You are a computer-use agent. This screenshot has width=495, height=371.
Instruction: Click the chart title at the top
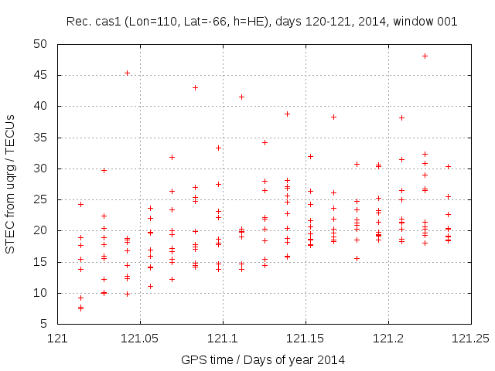(x=261, y=21)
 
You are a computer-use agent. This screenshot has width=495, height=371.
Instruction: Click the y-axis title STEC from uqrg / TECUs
(x=11, y=184)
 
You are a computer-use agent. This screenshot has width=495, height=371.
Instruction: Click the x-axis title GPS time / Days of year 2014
(x=264, y=359)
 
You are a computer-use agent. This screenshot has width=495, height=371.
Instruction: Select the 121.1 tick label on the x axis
(x=223, y=339)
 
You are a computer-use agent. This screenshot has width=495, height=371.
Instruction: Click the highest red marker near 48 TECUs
(x=425, y=56)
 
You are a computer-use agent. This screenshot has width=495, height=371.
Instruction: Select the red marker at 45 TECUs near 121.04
(x=127, y=73)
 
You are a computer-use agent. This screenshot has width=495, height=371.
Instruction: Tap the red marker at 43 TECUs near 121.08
(x=195, y=87)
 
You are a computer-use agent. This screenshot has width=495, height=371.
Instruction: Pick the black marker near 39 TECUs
(x=287, y=114)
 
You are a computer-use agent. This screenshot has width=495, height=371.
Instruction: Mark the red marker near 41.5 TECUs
(x=241, y=97)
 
